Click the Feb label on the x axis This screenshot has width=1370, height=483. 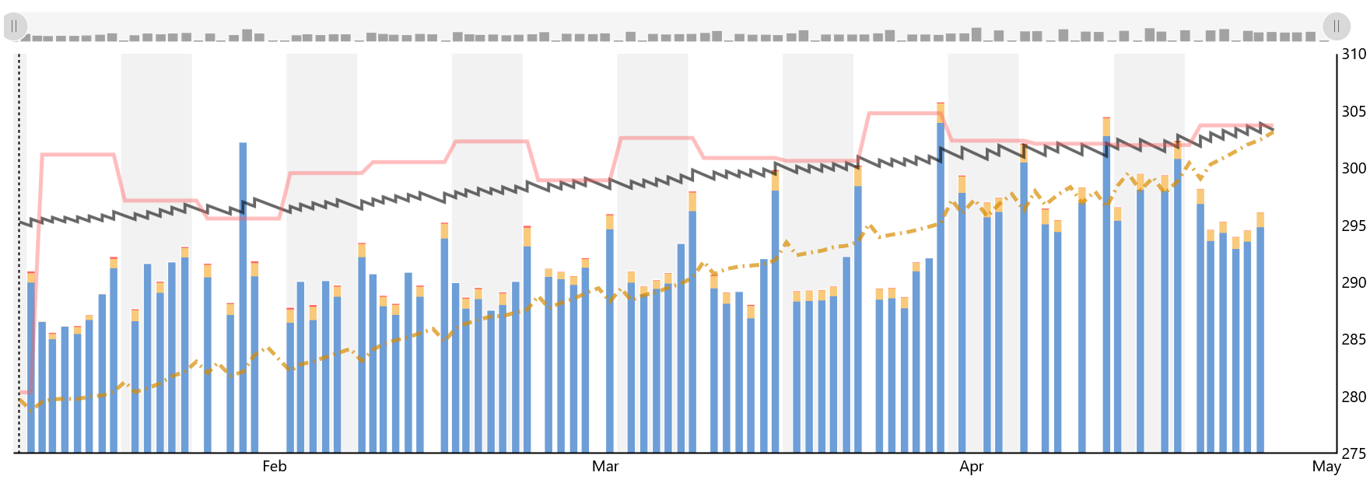(x=274, y=467)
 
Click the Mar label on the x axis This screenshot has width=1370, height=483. (x=605, y=467)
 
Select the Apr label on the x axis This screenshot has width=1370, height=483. (x=971, y=467)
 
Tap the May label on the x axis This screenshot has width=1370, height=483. (x=1326, y=467)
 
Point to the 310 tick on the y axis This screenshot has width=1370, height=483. (x=1354, y=54)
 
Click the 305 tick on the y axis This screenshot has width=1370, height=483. (x=1354, y=111)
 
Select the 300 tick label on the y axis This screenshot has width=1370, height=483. (x=1354, y=168)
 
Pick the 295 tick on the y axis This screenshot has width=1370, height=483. (x=1354, y=226)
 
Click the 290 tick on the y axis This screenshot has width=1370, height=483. (x=1354, y=282)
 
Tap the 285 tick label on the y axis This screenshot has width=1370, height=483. (x=1354, y=339)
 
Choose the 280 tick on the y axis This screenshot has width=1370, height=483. (x=1354, y=397)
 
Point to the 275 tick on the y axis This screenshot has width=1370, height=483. (x=1354, y=453)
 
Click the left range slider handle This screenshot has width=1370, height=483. (x=15, y=26)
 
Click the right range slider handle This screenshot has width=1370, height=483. (x=1336, y=26)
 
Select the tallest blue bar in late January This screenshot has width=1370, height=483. (x=243, y=296)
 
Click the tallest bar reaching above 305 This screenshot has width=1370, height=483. (x=941, y=280)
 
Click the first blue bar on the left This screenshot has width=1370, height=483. (x=31, y=366)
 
